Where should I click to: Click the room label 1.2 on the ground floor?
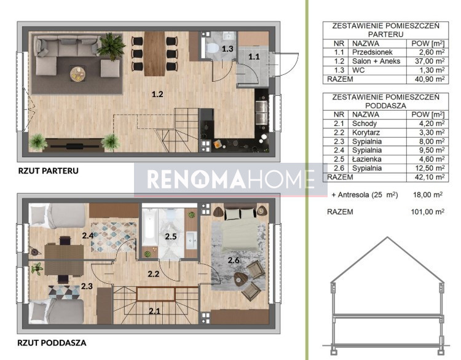157,94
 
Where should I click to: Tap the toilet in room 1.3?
212,48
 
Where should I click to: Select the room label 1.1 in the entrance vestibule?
254,57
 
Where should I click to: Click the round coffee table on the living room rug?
78,74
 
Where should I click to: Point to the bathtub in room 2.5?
149,226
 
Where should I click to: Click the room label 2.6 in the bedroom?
234,260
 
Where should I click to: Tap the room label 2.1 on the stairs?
154,311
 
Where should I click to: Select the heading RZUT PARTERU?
48,171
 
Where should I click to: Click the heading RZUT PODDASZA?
52,343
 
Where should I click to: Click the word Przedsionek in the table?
372,52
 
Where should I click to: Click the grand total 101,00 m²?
427,211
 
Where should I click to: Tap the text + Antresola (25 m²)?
364,195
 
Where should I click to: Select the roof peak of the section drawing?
387,237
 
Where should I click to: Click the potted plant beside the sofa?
111,45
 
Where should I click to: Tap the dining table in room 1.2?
155,53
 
